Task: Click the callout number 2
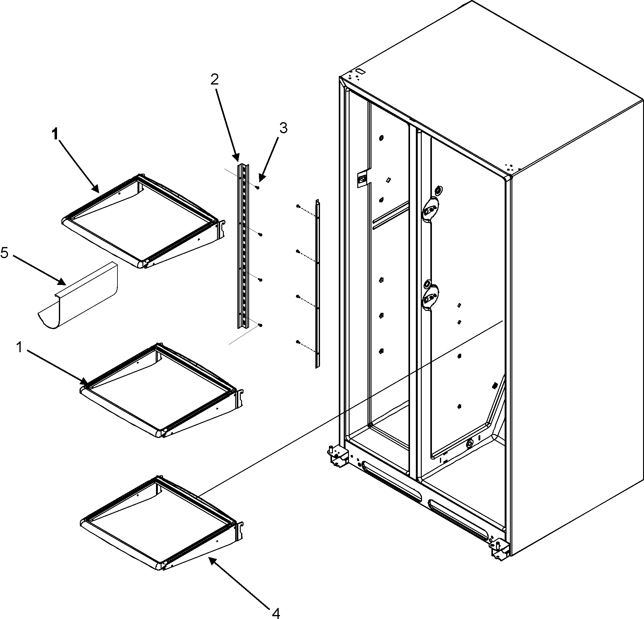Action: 214,80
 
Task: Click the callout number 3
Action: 283,128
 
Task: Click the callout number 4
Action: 275,612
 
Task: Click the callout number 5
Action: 5,253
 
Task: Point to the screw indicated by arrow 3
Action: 258,188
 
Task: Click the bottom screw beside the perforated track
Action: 260,325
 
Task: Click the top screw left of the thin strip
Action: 298,206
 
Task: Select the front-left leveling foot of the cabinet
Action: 336,457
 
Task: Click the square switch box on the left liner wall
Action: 362,179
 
